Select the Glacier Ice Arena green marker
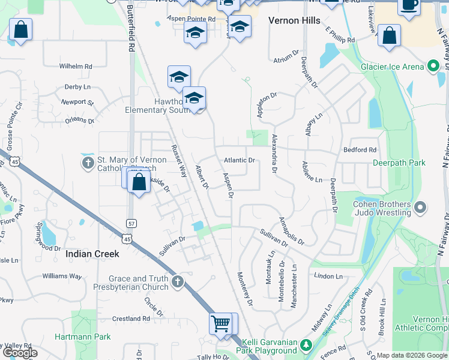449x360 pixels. tap(433, 67)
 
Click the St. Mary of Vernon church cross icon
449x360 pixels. tap(88, 163)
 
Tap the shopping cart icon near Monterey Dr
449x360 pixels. tap(221, 324)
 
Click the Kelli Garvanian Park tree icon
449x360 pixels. tap(306, 345)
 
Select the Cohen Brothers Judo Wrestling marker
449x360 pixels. tap(420, 208)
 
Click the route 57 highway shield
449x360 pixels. tap(130, 223)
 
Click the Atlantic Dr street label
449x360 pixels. tap(240, 160)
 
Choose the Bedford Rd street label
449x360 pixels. tap(360, 149)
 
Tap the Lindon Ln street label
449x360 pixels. tap(328, 277)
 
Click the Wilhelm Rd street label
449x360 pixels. tap(76, 66)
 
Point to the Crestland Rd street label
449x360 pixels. tap(130, 319)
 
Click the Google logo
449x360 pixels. tap(20, 353)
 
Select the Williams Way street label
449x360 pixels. tap(62, 277)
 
